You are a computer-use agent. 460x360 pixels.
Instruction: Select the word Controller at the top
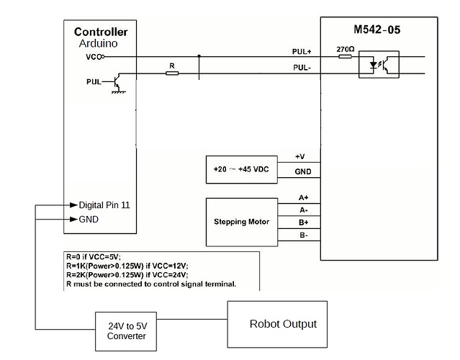tap(101, 32)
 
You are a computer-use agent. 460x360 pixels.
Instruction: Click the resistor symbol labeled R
tap(171, 73)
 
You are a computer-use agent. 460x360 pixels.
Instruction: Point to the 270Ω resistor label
tap(345, 50)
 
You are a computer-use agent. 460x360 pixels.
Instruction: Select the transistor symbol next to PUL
tap(115, 82)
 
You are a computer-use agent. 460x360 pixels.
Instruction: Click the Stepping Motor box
tap(242, 222)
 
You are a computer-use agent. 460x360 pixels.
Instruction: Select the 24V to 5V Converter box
tap(126, 331)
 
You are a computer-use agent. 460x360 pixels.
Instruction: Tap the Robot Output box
tap(282, 324)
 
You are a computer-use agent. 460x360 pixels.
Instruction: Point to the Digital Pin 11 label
tap(105, 205)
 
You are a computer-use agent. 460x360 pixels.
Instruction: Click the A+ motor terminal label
tap(302, 197)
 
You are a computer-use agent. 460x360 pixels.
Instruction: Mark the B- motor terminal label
tap(302, 235)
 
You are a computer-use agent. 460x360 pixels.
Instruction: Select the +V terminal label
tap(300, 156)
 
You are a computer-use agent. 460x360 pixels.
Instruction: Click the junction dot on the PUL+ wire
tap(199, 56)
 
